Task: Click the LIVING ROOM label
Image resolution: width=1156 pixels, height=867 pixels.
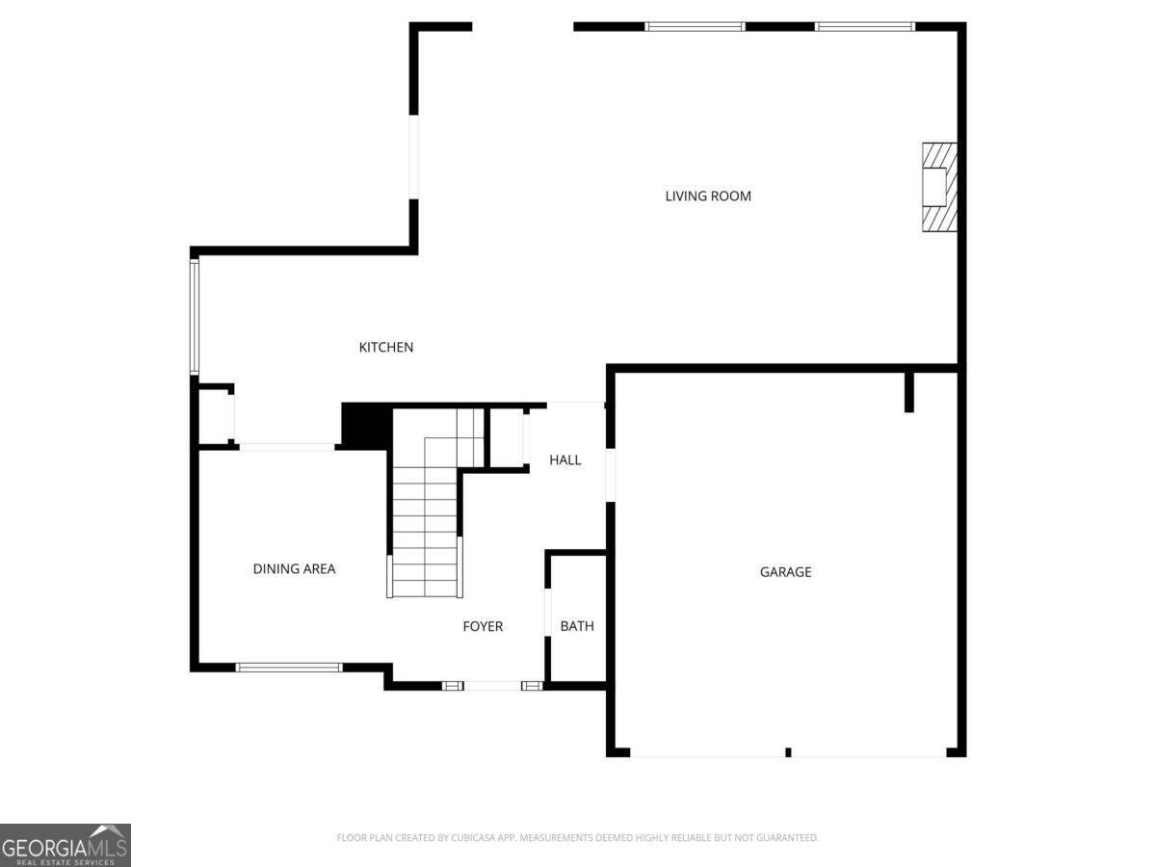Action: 708,196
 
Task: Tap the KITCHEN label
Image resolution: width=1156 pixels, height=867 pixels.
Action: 386,347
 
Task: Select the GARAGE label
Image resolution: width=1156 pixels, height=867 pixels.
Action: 785,571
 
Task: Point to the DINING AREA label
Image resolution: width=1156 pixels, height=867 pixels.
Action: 294,568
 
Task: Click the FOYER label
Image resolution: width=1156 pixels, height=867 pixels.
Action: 483,626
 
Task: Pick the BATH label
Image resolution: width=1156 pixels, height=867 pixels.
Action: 577,626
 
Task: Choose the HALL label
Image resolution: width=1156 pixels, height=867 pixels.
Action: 565,460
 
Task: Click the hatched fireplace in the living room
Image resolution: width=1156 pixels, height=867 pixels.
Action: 939,187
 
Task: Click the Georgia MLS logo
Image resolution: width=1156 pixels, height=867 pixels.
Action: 66,845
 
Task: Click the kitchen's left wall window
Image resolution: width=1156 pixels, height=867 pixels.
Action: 195,316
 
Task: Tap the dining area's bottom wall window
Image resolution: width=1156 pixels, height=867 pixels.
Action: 289,668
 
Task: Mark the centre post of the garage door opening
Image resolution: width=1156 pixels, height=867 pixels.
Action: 788,752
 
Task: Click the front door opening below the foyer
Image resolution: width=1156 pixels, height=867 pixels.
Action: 492,685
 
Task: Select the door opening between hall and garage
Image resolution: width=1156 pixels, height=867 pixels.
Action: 611,475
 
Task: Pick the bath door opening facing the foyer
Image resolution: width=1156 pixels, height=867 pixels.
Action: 548,613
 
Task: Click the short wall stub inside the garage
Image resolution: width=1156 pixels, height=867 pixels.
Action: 909,392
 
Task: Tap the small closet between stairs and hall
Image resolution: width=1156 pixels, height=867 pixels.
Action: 507,438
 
